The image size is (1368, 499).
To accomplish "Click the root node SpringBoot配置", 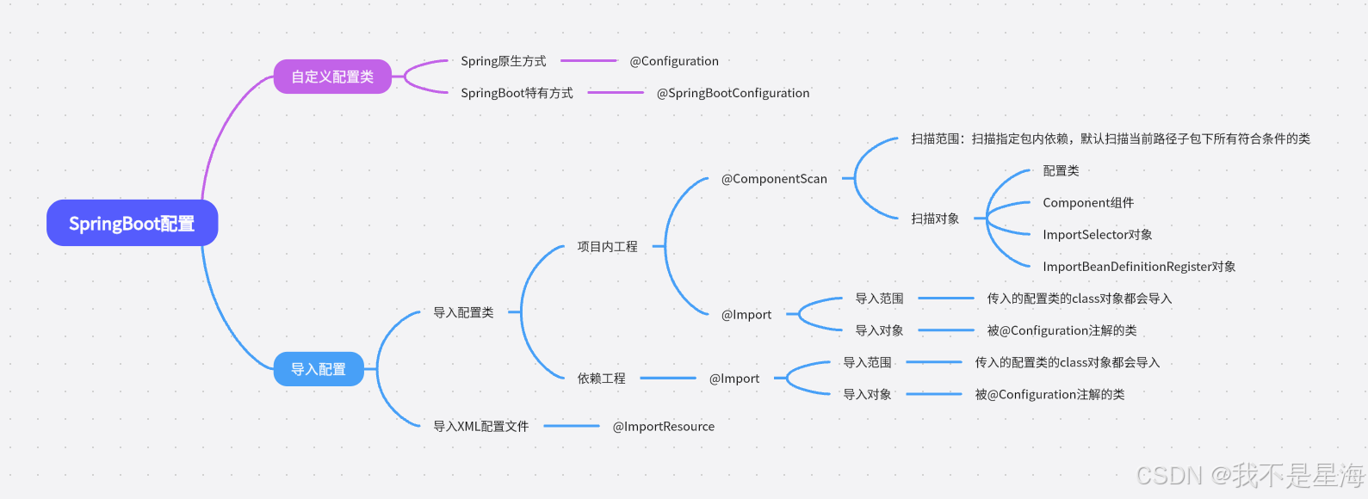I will tap(132, 224).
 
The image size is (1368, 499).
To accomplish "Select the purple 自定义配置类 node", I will tap(332, 77).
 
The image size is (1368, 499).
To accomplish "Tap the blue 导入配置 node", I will tap(319, 369).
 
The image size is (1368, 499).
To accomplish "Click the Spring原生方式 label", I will tap(503, 61).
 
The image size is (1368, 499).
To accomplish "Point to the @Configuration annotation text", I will tap(674, 61).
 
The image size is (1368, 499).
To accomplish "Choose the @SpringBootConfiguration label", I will tap(733, 93).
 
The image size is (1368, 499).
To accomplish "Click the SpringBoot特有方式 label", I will tap(517, 93).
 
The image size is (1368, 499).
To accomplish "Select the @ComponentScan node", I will tap(774, 179).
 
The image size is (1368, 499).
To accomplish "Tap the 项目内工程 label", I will tap(607, 247).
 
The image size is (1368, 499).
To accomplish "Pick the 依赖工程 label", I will tap(601, 379).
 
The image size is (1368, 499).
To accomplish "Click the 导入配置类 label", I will tap(463, 312).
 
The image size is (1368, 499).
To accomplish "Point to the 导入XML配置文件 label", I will tap(480, 427).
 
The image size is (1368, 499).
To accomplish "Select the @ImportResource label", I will tap(663, 427).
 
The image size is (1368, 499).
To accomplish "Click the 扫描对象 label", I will tap(935, 219).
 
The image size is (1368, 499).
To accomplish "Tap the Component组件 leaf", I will tap(1088, 203).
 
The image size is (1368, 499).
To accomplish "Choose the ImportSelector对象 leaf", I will tap(1098, 235).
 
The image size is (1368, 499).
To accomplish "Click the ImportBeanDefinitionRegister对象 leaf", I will tap(1139, 267).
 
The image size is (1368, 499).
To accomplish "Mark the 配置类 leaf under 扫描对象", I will tap(1061, 171).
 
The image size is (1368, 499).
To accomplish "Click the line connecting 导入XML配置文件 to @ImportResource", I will tap(572, 426).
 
